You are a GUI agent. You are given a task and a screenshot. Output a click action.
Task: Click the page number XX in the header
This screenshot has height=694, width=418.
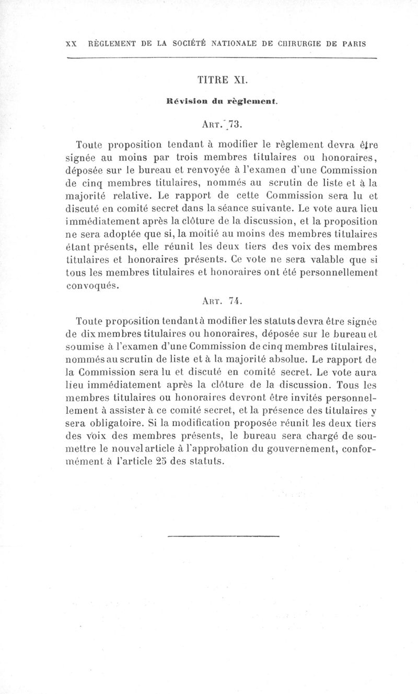click(x=71, y=43)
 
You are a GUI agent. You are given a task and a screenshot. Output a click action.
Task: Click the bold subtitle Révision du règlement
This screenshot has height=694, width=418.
click(x=222, y=102)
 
